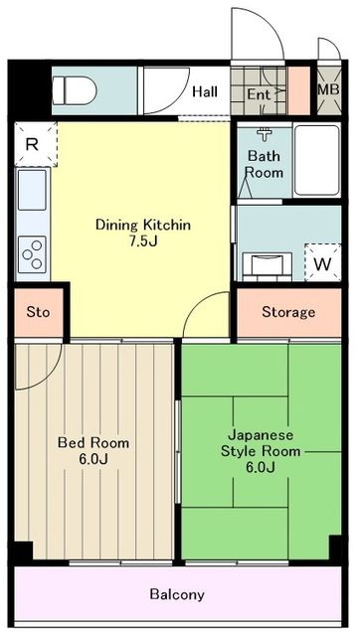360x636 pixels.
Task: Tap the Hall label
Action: point(205,91)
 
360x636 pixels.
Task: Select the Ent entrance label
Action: point(258,94)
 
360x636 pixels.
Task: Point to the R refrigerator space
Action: point(32,144)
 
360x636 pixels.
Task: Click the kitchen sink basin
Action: point(32,189)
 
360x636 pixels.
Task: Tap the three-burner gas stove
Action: point(32,252)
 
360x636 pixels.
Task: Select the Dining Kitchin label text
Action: point(142,225)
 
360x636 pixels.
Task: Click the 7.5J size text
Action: point(142,241)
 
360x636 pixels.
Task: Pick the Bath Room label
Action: point(265,164)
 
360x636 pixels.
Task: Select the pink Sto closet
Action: point(38,312)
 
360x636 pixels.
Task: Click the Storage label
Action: point(287,312)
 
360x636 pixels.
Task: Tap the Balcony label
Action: point(177,594)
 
